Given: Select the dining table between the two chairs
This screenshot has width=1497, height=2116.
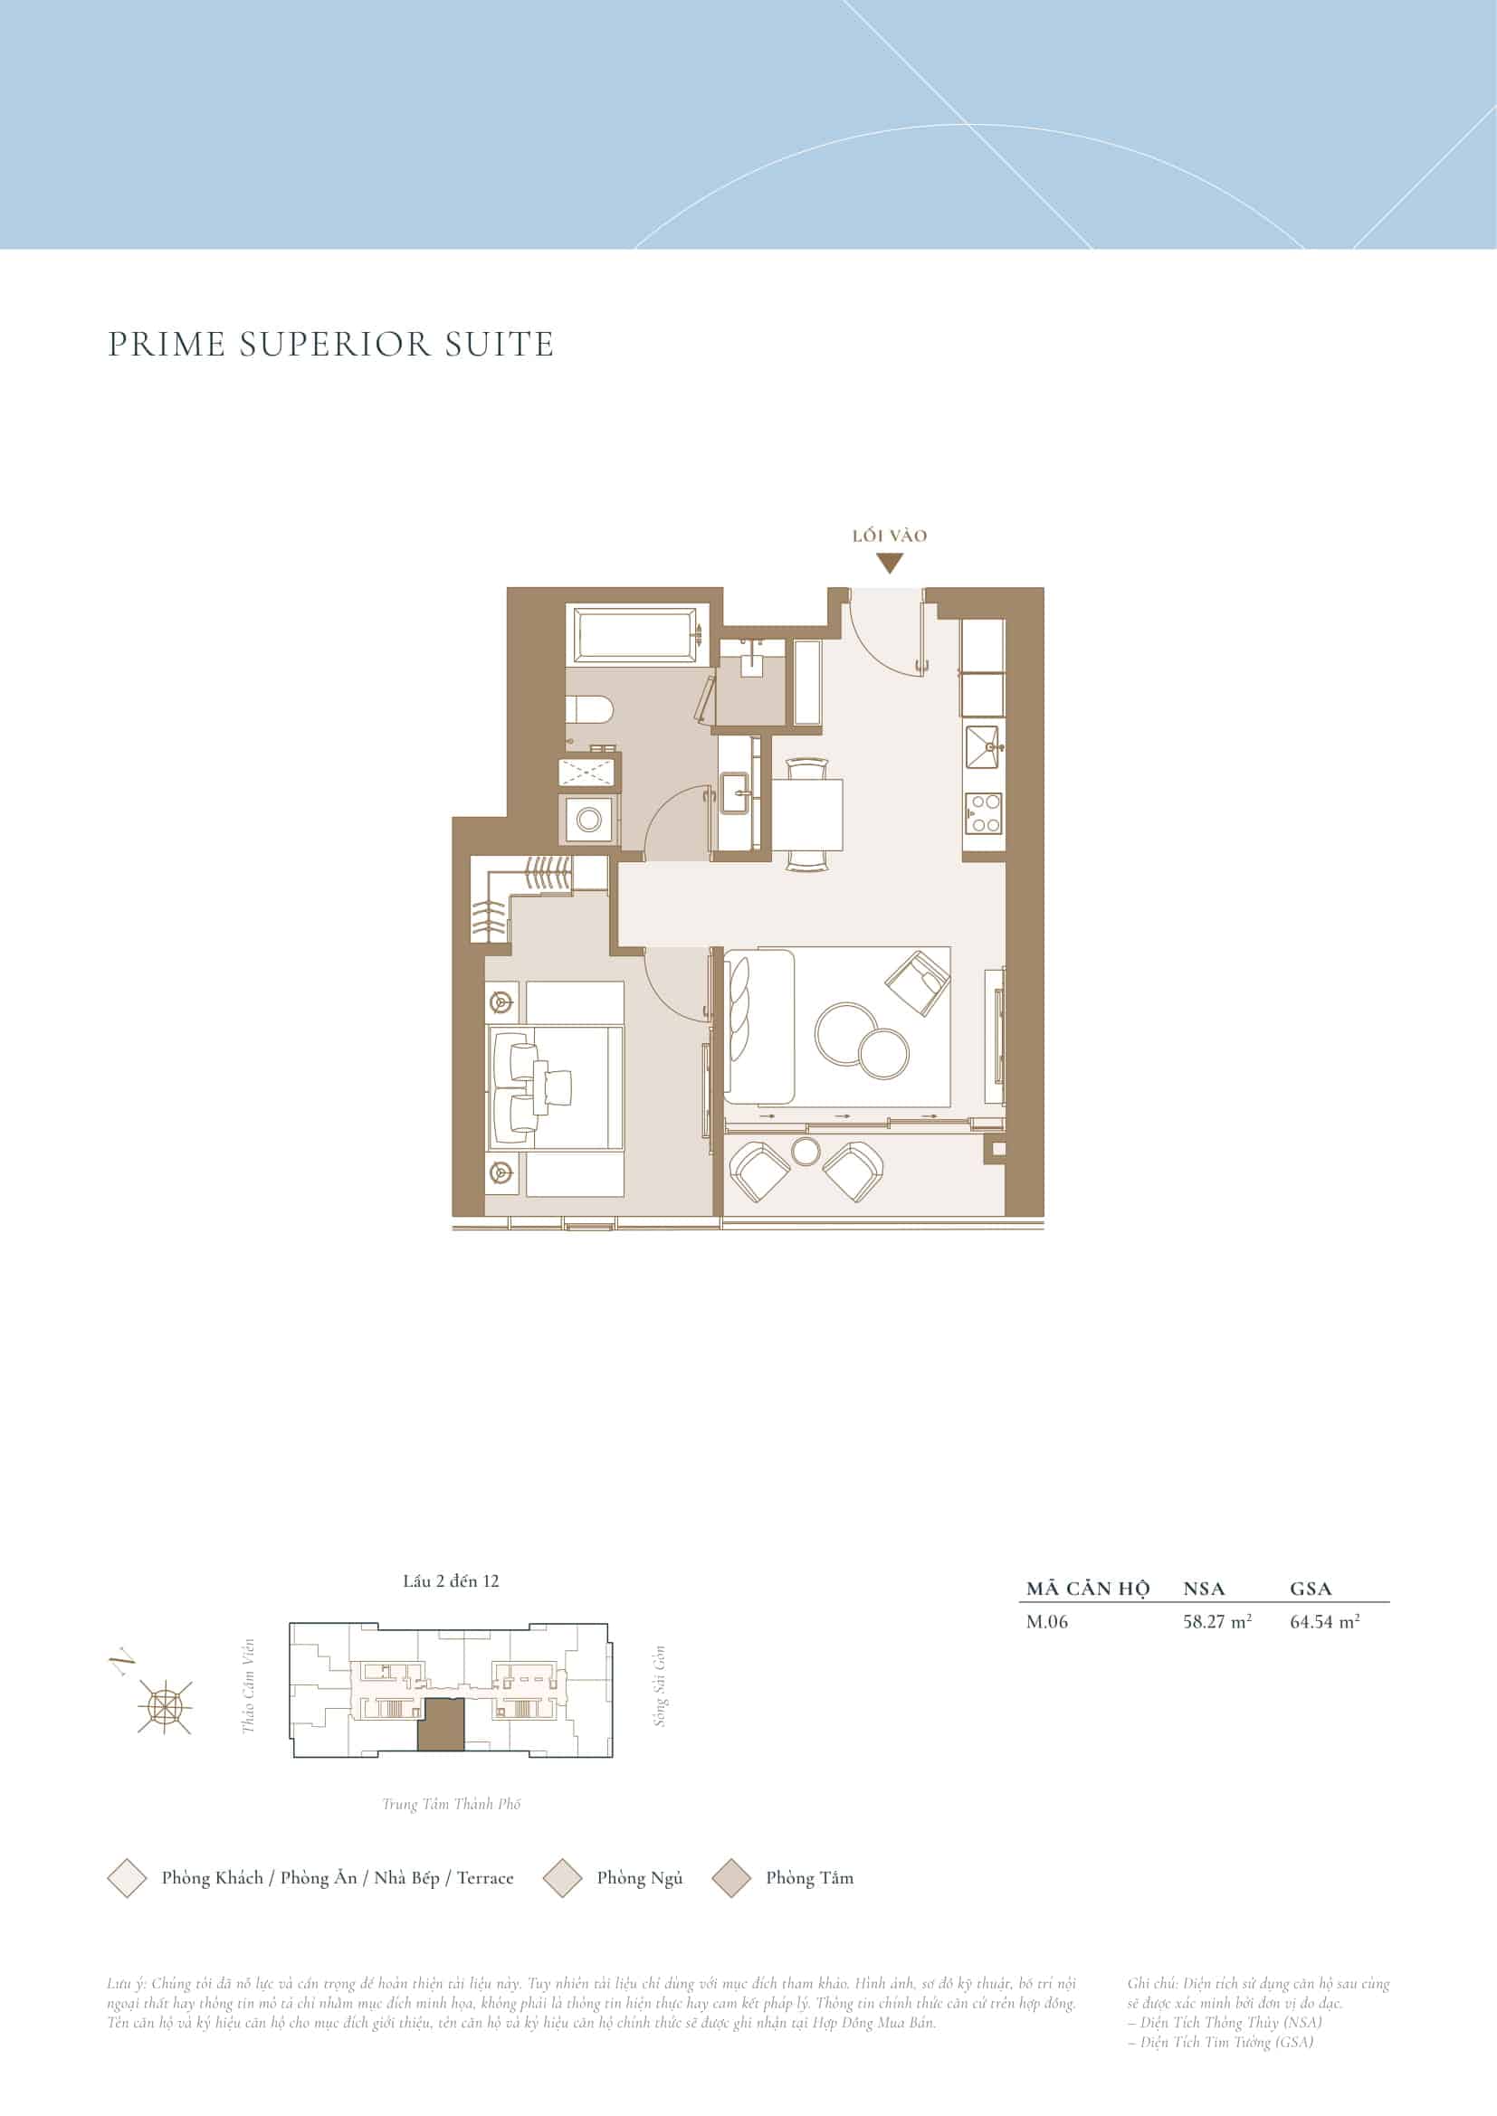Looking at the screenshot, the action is point(806,815).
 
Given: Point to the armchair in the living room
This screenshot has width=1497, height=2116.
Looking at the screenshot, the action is point(917,983).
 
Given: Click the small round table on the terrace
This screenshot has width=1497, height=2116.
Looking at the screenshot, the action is point(806,1151).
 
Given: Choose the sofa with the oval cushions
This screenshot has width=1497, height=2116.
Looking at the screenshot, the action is point(759,1026).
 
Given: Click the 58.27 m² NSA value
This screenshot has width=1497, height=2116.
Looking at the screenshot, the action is point(1216,1646).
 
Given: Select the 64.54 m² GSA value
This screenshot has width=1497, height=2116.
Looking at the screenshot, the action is point(1325,1646).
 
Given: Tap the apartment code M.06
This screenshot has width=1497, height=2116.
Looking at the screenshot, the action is point(1047,1647).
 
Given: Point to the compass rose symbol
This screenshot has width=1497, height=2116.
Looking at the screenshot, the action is point(165,1707).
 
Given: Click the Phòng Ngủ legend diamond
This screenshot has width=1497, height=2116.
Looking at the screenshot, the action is point(562,1878).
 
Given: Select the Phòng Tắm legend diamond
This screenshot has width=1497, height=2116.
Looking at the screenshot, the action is point(732,1878).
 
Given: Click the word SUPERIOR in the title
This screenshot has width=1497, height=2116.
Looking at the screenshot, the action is point(335,345).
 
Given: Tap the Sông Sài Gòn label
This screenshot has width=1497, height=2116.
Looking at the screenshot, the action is point(659,1685).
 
